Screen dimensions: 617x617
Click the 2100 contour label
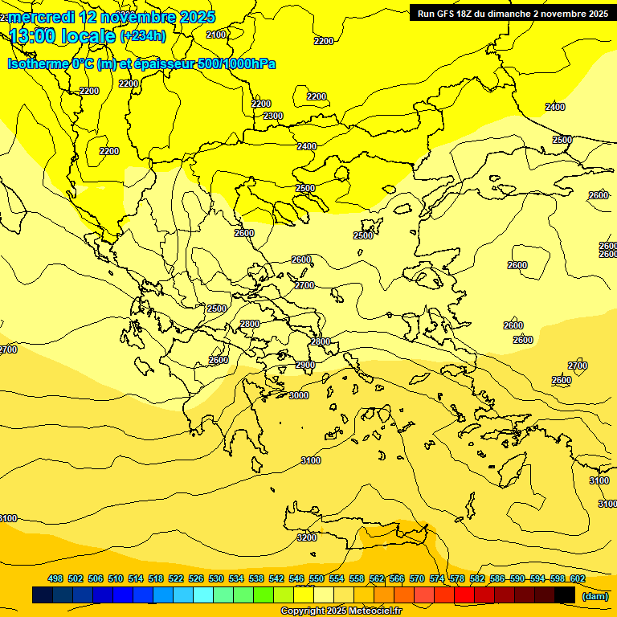[x=216, y=35]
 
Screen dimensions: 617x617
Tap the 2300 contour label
[x=273, y=116]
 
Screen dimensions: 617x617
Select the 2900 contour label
[x=305, y=366]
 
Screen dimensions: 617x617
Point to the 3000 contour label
[x=299, y=395]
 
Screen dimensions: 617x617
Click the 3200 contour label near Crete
[x=307, y=537]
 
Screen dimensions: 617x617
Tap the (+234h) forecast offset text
[x=143, y=35]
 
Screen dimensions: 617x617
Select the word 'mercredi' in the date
[x=41, y=17]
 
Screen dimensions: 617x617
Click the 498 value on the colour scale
[x=55, y=579]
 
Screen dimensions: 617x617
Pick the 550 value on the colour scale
[x=317, y=579]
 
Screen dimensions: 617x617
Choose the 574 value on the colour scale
[x=436, y=579]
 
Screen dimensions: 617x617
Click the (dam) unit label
[x=595, y=595]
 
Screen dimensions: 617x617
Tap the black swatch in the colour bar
[x=565, y=595]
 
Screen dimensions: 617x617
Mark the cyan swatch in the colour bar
[x=203, y=595]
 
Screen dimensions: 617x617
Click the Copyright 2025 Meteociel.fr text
[x=341, y=611]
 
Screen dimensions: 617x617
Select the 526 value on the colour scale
[x=196, y=579]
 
